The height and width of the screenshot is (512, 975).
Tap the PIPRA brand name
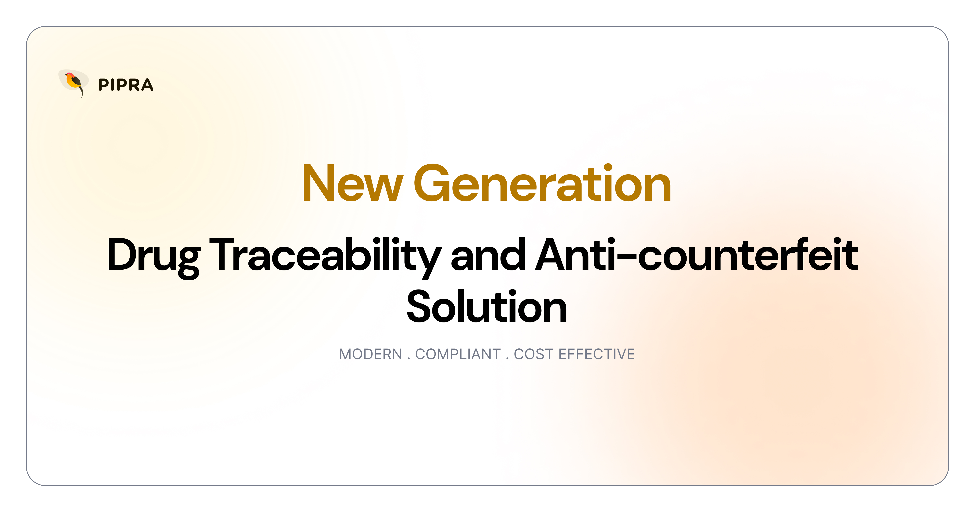pyautogui.click(x=126, y=85)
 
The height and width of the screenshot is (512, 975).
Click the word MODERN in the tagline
pyautogui.click(x=370, y=354)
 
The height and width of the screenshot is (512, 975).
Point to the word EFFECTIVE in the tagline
pyautogui.click(x=597, y=354)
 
